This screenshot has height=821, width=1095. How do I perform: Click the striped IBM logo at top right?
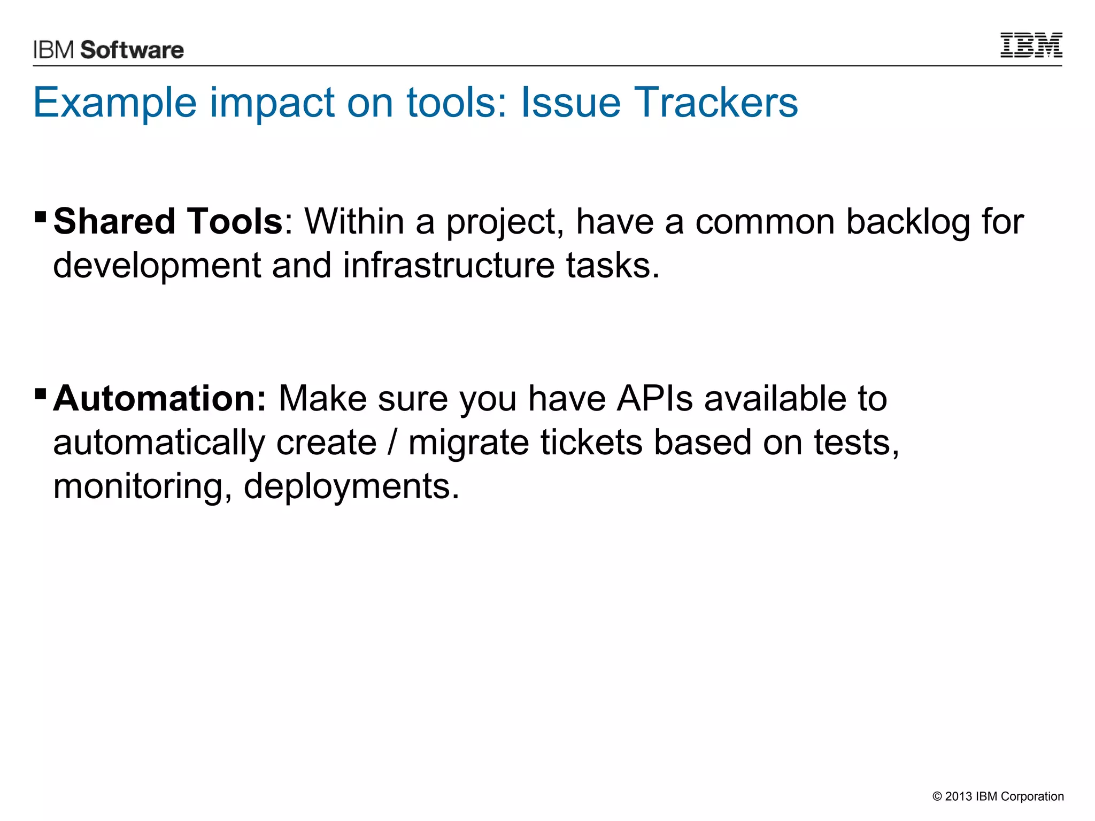[x=1031, y=45]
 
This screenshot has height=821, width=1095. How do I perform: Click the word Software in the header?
[x=132, y=50]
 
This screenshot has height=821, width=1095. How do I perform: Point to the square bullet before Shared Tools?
[x=40, y=216]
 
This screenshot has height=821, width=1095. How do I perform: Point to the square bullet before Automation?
[x=40, y=394]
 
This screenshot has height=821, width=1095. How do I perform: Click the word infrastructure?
[x=449, y=265]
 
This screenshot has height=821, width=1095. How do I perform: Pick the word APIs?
[x=654, y=399]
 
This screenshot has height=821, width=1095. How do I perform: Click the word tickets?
[x=591, y=443]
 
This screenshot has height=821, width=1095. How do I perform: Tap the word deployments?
[x=351, y=486]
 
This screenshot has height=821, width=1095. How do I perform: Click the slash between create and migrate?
[x=393, y=443]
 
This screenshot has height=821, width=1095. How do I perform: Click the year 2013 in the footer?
[x=958, y=796]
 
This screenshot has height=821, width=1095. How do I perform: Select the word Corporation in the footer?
[x=1032, y=796]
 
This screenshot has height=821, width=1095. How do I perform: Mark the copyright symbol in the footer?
[x=937, y=796]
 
